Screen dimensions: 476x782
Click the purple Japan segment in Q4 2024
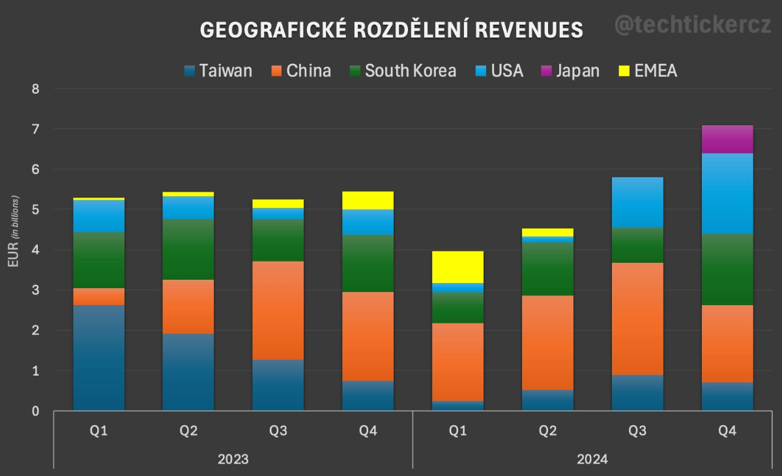tap(727, 139)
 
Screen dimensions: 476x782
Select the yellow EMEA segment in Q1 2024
tap(458, 267)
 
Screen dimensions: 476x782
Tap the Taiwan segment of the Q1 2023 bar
tap(98, 357)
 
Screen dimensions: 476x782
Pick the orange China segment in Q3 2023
tap(278, 310)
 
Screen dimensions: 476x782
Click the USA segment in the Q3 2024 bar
tap(638, 202)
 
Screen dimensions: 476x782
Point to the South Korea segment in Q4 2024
tap(727, 269)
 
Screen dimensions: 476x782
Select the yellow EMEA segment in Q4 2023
tap(368, 200)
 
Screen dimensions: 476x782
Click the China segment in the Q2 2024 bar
tap(548, 342)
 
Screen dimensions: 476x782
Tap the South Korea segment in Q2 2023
tap(188, 249)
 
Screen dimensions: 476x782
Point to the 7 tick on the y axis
tap(36, 129)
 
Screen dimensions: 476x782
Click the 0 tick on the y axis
tap(36, 411)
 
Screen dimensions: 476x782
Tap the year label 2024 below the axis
tap(592, 459)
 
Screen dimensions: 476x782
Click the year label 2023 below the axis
tap(233, 459)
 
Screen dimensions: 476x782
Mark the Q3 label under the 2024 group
tap(638, 431)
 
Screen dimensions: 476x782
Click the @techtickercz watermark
tap(693, 25)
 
